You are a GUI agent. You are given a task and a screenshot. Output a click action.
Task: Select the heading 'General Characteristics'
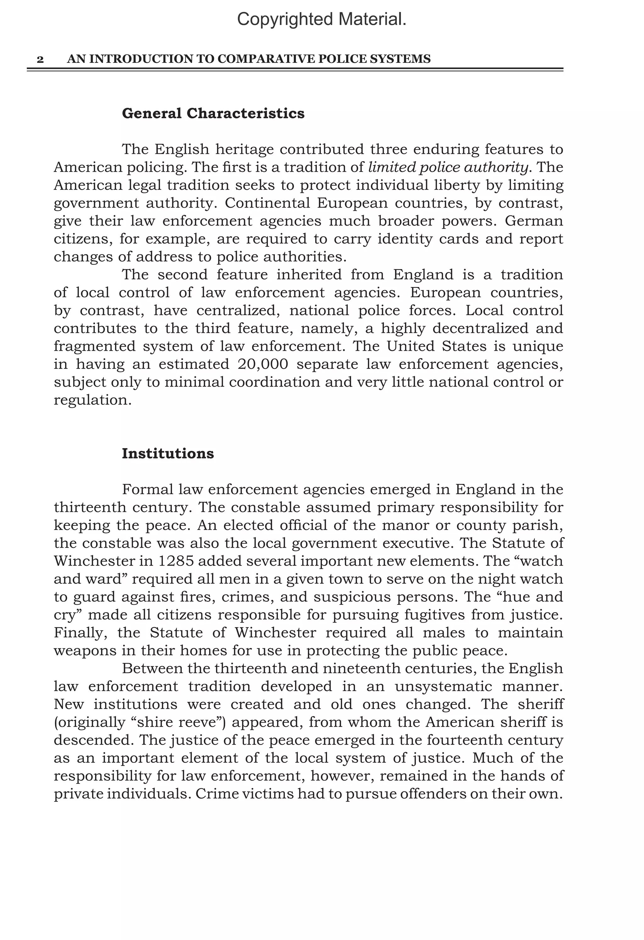point(213,114)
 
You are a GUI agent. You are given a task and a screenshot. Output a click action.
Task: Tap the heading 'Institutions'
point(168,453)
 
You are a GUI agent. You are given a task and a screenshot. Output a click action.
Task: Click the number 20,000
point(263,364)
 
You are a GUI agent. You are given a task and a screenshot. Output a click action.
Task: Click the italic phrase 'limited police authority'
point(448,167)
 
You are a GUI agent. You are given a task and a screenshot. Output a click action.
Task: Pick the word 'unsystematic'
point(443,686)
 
